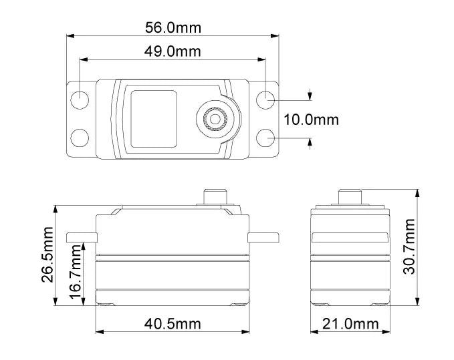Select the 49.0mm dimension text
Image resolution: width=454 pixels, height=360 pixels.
[173, 51]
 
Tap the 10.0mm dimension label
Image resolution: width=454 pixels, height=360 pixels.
[311, 120]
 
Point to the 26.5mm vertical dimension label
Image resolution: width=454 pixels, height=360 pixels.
[47, 254]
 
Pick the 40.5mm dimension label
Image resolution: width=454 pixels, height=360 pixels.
[173, 324]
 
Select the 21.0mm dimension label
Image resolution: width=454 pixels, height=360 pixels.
[350, 324]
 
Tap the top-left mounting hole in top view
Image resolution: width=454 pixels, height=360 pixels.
[80, 96]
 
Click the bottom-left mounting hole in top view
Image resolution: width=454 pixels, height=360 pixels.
[80, 138]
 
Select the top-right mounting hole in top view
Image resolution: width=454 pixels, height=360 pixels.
[266, 96]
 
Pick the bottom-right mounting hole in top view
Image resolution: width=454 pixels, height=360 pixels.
[266, 138]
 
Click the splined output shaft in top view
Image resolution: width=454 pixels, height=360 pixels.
[215, 119]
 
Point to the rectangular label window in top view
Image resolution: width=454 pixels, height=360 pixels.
[151, 119]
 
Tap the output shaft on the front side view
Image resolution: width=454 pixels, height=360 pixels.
[215, 197]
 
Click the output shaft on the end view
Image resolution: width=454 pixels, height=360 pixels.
[350, 197]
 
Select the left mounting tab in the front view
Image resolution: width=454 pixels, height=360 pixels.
[82, 237]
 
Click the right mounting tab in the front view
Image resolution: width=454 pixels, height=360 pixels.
[263, 237]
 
